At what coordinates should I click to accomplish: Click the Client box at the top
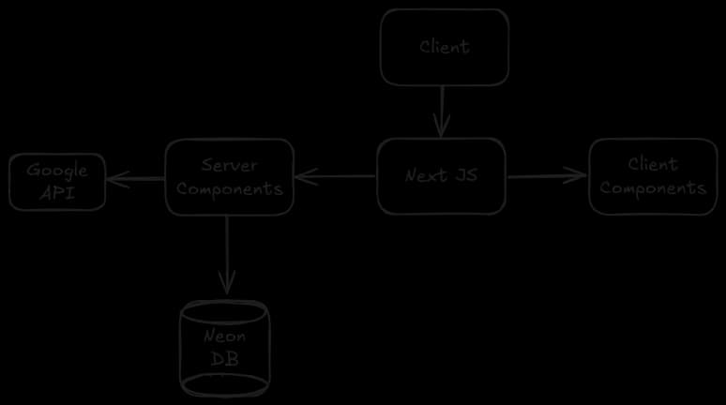click(445, 47)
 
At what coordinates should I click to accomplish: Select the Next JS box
click(442, 175)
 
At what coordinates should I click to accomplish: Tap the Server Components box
click(230, 176)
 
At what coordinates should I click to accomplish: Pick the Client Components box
click(653, 176)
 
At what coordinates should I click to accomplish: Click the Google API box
click(57, 182)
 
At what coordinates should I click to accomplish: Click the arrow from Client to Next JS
click(441, 111)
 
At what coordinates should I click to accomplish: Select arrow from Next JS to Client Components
click(547, 175)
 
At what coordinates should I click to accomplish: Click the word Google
click(57, 171)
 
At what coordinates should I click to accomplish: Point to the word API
click(57, 193)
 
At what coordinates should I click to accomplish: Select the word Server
click(230, 165)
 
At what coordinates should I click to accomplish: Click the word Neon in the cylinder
click(225, 337)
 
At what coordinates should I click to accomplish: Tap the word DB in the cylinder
click(225, 360)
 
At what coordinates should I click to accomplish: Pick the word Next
click(426, 175)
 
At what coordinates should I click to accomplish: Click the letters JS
click(465, 175)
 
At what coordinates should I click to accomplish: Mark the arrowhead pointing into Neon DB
click(227, 284)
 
